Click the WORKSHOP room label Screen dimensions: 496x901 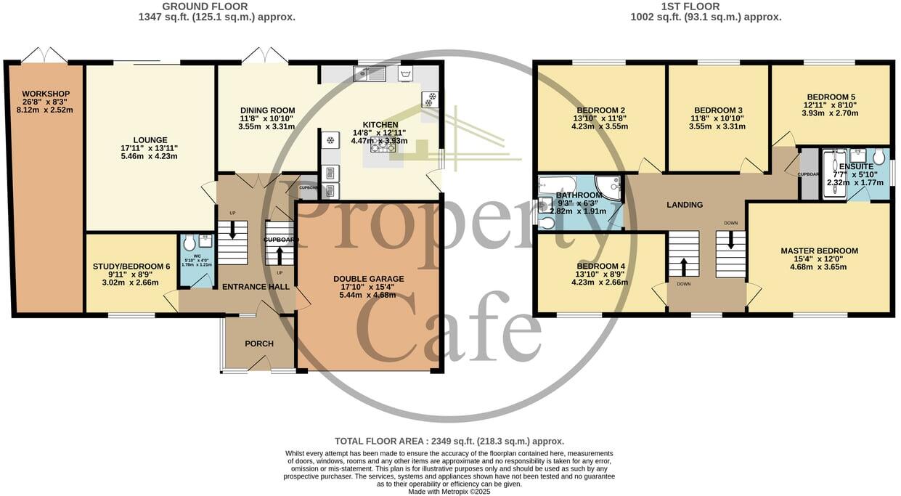[x=46, y=94]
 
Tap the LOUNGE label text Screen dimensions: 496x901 [x=150, y=140]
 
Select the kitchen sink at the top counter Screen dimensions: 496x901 [x=370, y=72]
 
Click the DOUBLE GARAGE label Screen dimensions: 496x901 [x=368, y=279]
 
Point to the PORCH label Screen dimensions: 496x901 [x=259, y=343]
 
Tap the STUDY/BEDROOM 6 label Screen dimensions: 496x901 [x=131, y=267]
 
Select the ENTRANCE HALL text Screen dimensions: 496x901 [x=256, y=287]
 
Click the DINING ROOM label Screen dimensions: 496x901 [x=267, y=110]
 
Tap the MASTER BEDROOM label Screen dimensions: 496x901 [x=819, y=251]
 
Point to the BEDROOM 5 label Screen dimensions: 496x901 [x=831, y=97]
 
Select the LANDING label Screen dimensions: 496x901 [x=685, y=205]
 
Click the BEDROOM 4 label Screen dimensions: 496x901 [x=600, y=267]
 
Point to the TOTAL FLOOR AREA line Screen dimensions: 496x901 [x=449, y=441]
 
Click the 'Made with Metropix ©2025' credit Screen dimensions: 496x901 [x=449, y=492]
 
